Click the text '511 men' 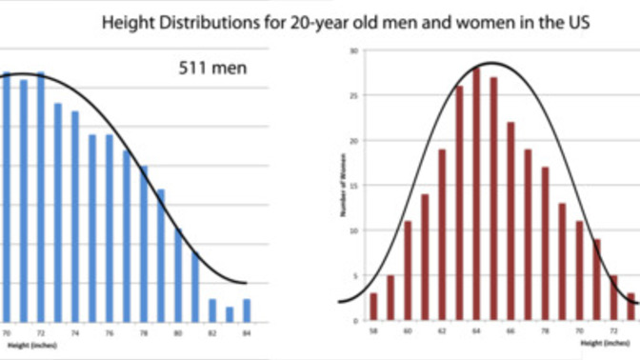pyautogui.click(x=212, y=69)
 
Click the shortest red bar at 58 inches pyautogui.click(x=373, y=308)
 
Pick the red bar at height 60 pyautogui.click(x=408, y=271)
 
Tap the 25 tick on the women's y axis pyautogui.click(x=354, y=95)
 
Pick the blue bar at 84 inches pyautogui.click(x=247, y=311)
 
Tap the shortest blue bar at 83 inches pyautogui.click(x=230, y=315)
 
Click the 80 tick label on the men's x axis pyautogui.click(x=178, y=333)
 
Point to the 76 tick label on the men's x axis pyautogui.click(x=110, y=333)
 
